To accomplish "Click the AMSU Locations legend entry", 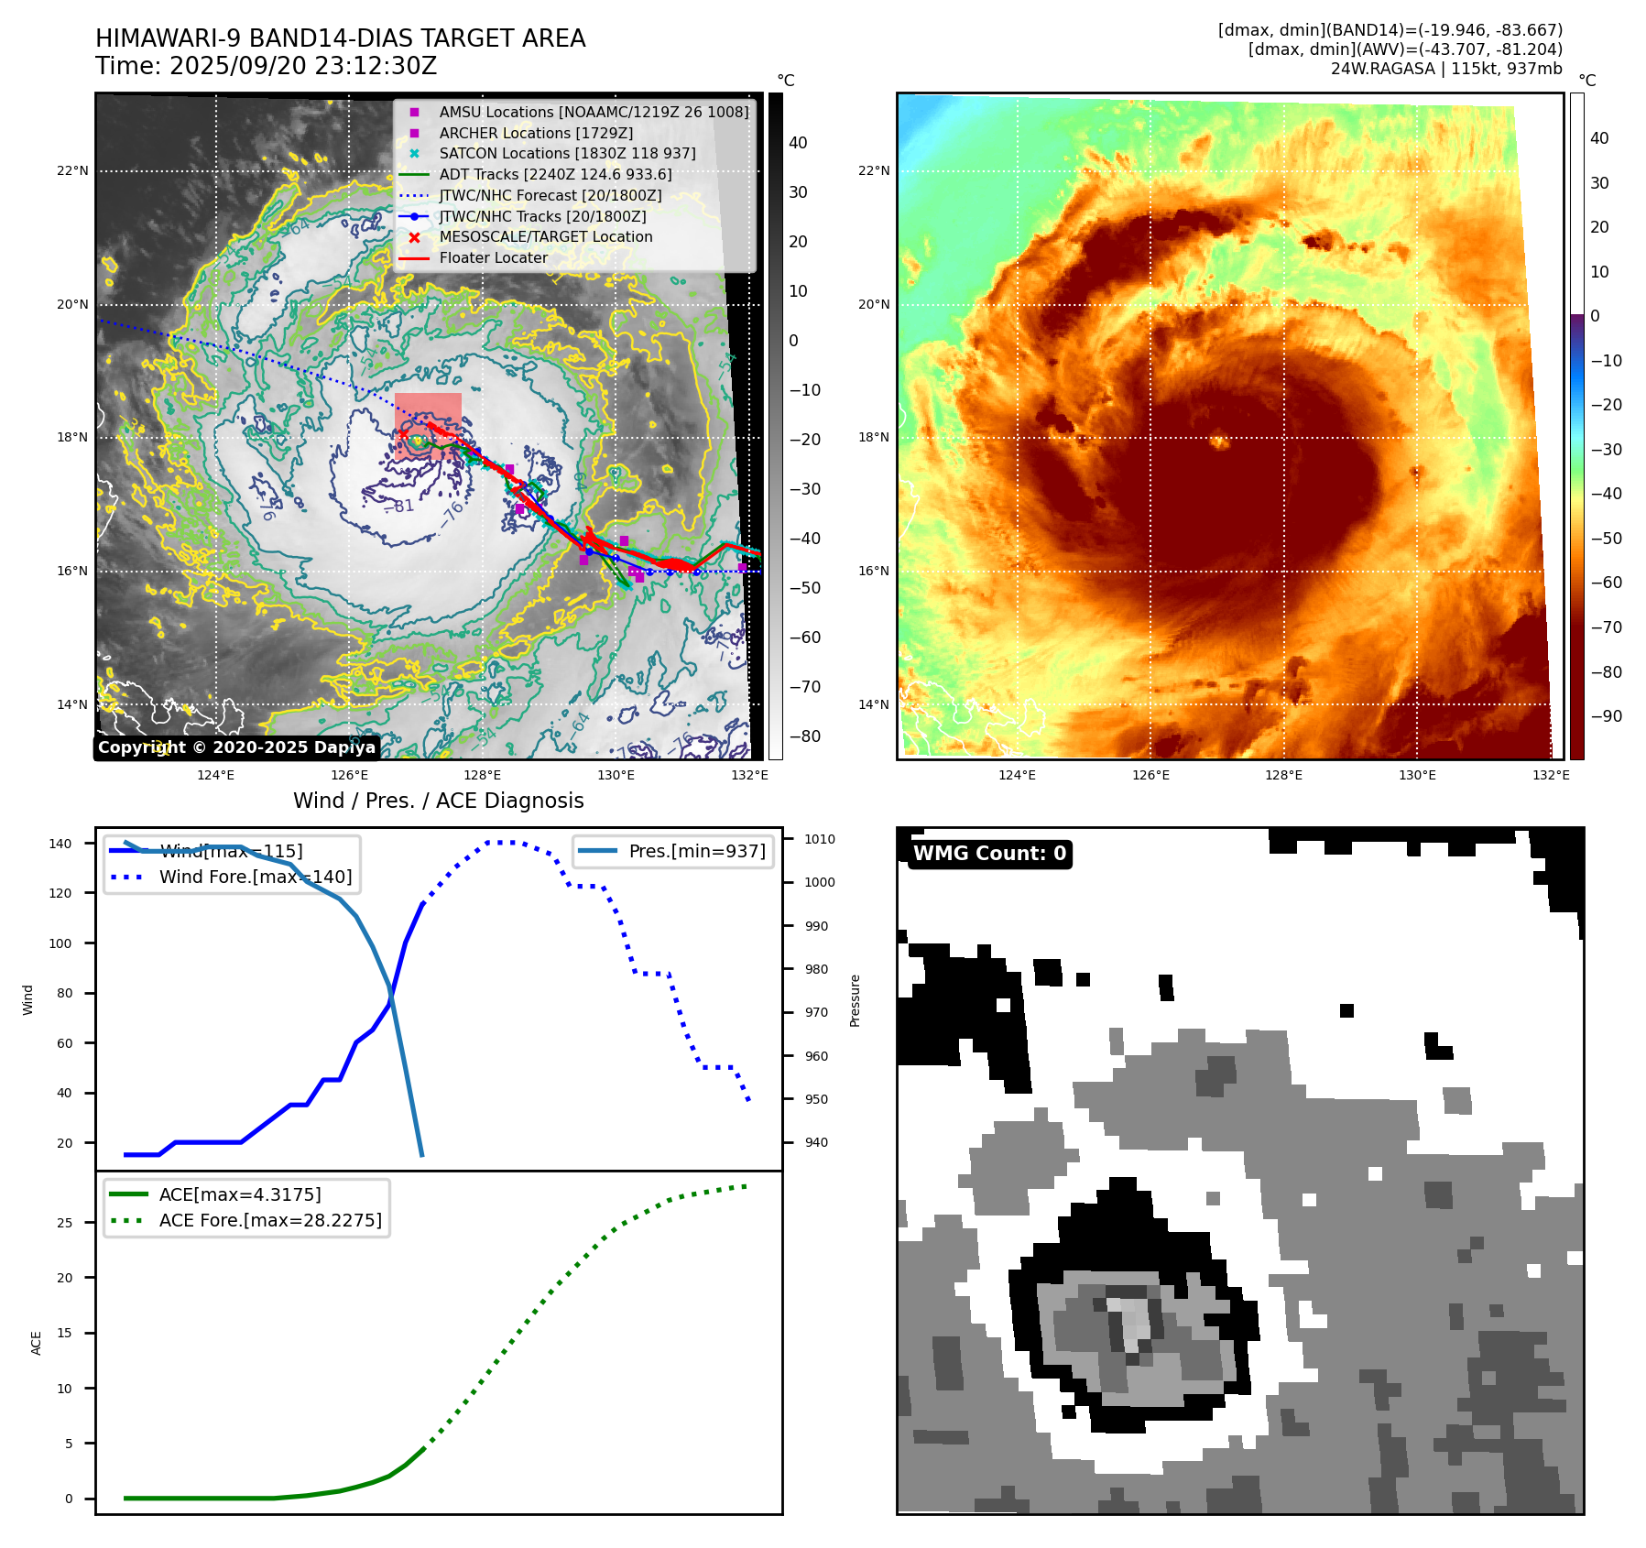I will (x=593, y=112).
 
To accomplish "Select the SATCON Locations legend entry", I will (x=567, y=154).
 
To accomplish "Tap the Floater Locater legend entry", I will (x=493, y=258).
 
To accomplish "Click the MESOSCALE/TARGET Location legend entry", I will (x=545, y=237).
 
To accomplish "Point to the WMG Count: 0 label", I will (x=989, y=854).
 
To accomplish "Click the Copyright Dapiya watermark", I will (x=236, y=747).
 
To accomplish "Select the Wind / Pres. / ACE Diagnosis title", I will (x=438, y=801).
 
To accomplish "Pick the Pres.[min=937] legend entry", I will (x=696, y=851).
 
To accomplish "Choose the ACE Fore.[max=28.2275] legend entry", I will (x=270, y=1220).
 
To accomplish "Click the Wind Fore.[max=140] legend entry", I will (x=255, y=877).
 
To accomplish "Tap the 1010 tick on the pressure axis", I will (x=820, y=839).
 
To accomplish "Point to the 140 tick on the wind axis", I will (x=60, y=844).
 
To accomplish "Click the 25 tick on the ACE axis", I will (x=64, y=1223).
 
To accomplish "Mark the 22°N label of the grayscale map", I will (x=73, y=171).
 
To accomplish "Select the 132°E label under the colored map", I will (x=1551, y=776).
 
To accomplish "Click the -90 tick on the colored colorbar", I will (x=1606, y=716).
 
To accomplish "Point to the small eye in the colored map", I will (x=1220, y=442).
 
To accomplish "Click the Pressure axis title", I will (x=855, y=1000).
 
